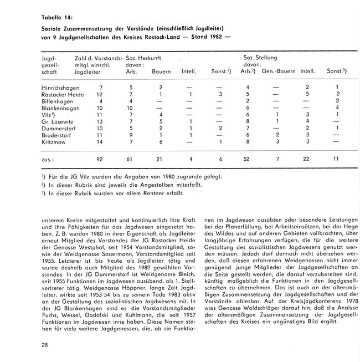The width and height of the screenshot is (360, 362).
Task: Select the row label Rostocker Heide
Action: [63, 94]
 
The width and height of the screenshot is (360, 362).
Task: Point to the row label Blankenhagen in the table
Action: [60, 108]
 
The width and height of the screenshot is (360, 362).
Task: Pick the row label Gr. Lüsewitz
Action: [57, 121]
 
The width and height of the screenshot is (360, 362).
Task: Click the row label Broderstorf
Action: [56, 134]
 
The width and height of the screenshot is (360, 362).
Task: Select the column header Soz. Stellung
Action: [260, 57]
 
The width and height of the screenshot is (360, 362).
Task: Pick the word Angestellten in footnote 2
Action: [138, 184]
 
